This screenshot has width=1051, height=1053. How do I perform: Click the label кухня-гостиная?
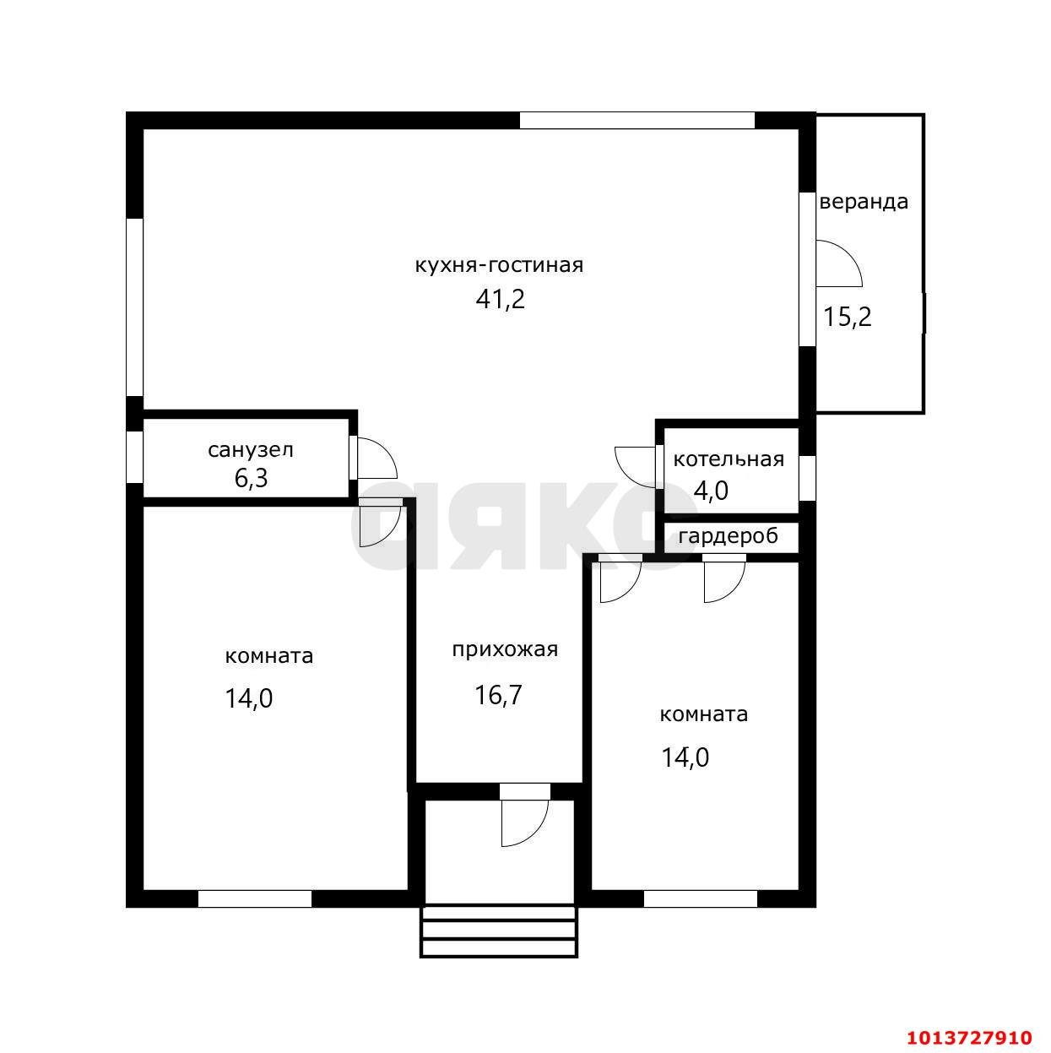click(x=499, y=266)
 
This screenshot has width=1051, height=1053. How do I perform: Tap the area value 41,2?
click(x=500, y=300)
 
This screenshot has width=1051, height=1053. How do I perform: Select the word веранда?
click(x=864, y=202)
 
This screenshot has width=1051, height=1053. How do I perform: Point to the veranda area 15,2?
click(x=848, y=317)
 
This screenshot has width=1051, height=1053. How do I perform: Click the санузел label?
click(x=251, y=450)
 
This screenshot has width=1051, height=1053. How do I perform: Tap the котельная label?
click(x=729, y=459)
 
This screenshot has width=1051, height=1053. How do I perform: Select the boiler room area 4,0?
click(x=711, y=490)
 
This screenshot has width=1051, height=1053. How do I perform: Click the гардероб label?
click(x=728, y=536)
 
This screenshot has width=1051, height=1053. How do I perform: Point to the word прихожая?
click(x=505, y=650)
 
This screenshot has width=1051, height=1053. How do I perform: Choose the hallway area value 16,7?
click(x=498, y=695)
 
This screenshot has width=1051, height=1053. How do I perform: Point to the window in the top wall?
click(x=637, y=120)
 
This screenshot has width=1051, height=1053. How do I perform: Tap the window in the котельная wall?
click(x=807, y=478)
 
